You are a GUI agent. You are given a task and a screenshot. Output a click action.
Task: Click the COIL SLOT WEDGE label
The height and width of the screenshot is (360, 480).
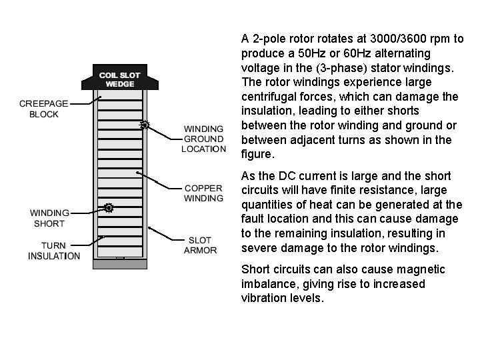(x=119, y=79)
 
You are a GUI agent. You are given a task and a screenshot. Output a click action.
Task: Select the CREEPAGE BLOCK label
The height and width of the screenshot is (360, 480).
(x=39, y=109)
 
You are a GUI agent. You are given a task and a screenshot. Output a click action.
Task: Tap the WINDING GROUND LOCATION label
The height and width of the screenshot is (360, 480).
(x=203, y=139)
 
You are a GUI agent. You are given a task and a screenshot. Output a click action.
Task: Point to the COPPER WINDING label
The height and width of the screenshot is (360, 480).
(x=203, y=193)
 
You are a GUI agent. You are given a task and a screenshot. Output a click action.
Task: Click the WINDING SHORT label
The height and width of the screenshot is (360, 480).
(x=49, y=218)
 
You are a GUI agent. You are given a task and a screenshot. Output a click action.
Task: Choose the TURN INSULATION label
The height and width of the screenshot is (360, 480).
(x=54, y=250)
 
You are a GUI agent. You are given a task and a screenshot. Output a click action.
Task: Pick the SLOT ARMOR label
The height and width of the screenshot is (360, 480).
(x=200, y=245)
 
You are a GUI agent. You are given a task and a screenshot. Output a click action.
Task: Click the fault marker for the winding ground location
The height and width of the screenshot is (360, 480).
(x=143, y=125)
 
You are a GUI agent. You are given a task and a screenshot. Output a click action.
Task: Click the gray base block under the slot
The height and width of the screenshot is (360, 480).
(x=119, y=263)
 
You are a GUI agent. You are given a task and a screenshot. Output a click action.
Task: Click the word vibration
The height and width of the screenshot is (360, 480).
(x=264, y=297)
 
